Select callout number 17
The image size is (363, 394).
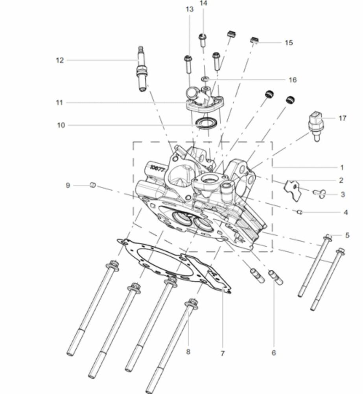342,118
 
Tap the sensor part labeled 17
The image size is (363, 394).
316,126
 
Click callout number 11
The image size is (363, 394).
59,102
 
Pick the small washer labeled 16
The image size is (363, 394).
205,79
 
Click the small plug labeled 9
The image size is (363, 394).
92,185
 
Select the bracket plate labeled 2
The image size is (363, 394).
293,190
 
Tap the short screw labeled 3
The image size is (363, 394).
319,193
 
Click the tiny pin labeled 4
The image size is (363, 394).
299,212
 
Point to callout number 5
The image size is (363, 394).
347,236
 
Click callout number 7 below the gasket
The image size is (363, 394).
223,353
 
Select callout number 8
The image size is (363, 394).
188,351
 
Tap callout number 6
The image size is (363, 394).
274,353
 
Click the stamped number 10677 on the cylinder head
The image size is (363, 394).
157,169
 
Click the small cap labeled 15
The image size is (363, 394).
254,40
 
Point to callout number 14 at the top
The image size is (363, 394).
203,3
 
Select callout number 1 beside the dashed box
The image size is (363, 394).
342,167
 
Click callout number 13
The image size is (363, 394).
190,9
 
